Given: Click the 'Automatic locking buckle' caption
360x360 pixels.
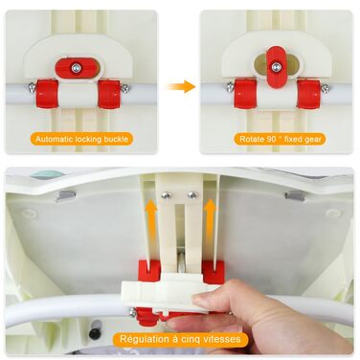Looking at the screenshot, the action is [82, 139].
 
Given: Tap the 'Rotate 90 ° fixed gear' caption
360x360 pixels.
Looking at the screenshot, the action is [281, 139].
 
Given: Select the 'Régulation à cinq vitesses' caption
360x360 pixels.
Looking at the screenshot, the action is [180, 339].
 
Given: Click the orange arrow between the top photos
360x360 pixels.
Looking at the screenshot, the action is [182, 86].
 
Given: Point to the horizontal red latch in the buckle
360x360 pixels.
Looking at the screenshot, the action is [78, 68].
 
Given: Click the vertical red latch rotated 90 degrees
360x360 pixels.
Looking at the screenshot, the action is [276, 67].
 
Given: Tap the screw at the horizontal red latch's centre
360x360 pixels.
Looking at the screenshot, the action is [76, 68].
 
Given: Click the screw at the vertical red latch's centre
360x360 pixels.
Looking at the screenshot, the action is [275, 67].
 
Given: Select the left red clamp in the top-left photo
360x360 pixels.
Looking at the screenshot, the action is [47, 94].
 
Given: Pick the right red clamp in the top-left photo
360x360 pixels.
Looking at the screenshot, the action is [109, 94].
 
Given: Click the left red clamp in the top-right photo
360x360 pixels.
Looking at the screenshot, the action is [245, 94].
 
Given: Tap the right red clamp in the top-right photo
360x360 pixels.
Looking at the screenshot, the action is [308, 94].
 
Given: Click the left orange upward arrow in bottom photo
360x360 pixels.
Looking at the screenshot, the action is [150, 223].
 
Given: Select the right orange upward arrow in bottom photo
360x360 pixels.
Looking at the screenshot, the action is [211, 223].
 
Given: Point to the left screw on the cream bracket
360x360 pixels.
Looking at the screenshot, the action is [166, 195].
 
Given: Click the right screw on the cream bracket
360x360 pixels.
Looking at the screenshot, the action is [191, 195].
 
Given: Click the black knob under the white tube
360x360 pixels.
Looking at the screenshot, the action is [95, 333].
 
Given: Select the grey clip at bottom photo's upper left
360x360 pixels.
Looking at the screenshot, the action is [65, 196].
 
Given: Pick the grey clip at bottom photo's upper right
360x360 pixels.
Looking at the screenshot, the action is [295, 195].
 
